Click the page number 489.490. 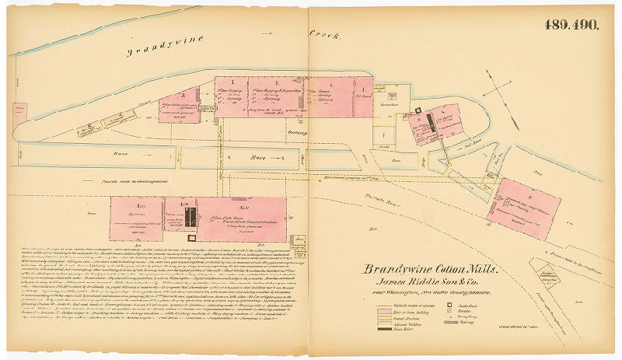[x=571, y=25]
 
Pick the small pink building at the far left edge [x=19, y=111]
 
